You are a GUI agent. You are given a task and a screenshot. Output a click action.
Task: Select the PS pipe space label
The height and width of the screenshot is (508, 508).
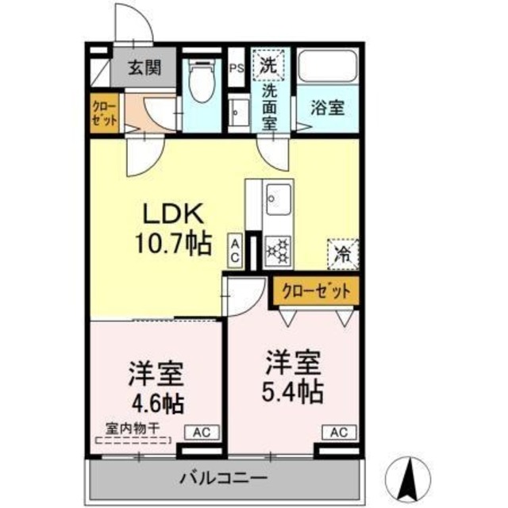(x=236, y=67)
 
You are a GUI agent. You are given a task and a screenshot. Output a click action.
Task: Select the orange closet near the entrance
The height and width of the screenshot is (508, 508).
(x=104, y=114)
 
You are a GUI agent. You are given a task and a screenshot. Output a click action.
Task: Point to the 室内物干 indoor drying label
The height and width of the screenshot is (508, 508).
(x=134, y=428)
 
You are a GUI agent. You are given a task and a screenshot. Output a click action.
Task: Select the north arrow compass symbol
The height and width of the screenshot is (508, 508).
(x=411, y=477)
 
